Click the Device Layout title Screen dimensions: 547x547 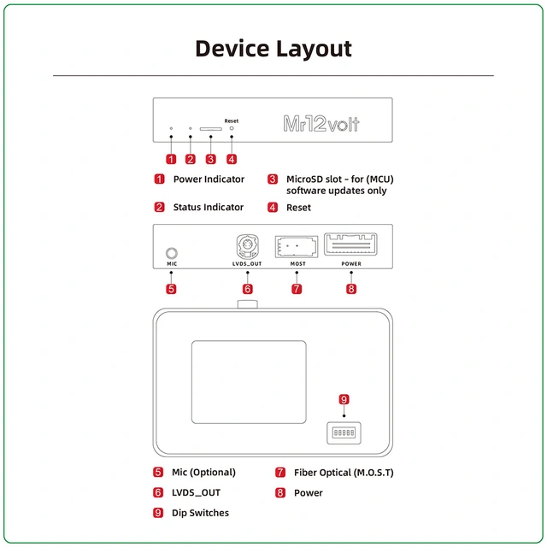tap(273, 48)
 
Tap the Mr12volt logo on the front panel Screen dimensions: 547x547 tap(321, 124)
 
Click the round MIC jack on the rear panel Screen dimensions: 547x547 tap(172, 253)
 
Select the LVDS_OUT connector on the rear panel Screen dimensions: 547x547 tap(246, 247)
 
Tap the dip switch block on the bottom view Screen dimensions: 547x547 tap(343, 433)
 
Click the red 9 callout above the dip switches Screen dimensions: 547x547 tap(344, 399)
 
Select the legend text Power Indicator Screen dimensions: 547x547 tap(209, 179)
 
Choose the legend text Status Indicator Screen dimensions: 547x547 tap(208, 207)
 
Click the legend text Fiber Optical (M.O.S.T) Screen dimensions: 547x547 tap(344, 473)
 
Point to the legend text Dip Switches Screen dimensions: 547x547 tap(201, 513)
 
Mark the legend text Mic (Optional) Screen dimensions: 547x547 tap(203, 473)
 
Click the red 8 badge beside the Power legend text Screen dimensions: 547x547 tap(280, 493)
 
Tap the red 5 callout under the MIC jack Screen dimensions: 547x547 tap(171, 289)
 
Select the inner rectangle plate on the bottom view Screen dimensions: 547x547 tap(248, 381)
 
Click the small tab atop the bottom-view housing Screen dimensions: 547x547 tap(247, 303)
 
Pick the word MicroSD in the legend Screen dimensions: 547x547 tap(305, 179)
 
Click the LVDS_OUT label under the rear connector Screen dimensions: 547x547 tap(247, 264)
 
